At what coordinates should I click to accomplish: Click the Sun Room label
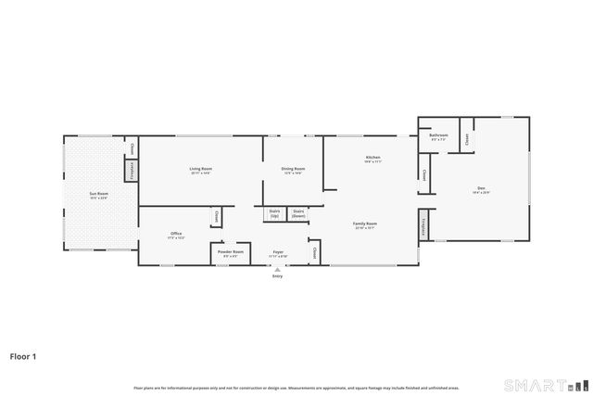point(98,196)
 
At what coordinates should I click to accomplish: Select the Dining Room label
point(293,171)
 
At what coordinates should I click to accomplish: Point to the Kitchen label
point(372,160)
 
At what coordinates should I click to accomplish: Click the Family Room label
point(364,225)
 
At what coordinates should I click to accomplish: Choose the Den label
point(481,192)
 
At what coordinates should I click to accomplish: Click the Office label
point(176,236)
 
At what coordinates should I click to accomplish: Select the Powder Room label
point(231,253)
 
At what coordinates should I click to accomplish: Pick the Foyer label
point(277,253)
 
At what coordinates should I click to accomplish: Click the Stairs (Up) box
point(274,213)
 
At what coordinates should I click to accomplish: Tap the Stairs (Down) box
point(299,213)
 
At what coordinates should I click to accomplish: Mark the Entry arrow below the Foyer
point(277,270)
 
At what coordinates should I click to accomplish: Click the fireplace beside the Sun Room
point(132,171)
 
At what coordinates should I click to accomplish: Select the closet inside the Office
point(217,216)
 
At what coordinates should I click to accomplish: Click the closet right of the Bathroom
point(467,138)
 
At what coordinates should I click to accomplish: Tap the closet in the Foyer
point(315,252)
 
